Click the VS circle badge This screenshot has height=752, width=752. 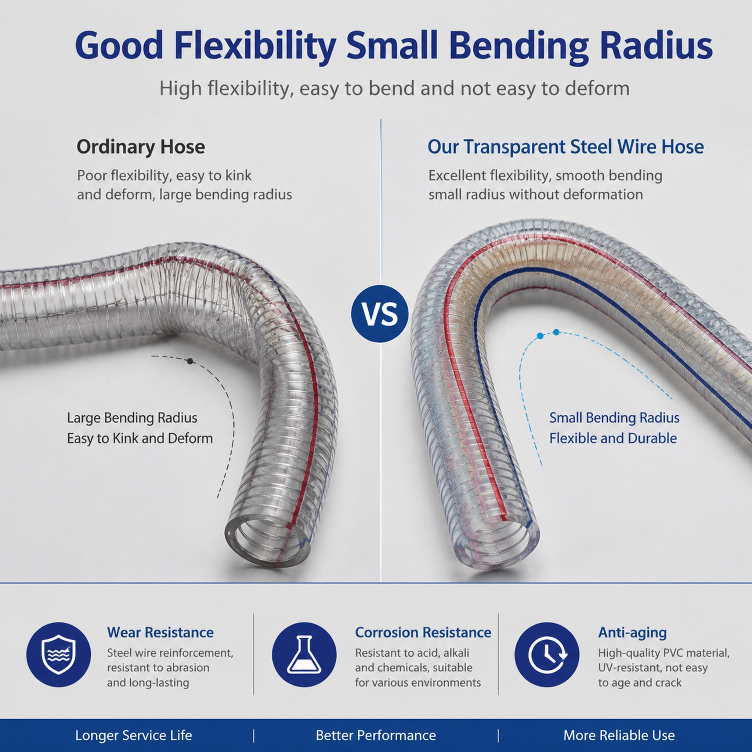pos(380,314)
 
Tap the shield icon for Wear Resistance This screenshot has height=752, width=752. pos(58,654)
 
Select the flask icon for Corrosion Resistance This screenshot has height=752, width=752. pos(304,654)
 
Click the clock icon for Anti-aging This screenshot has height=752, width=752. pos(547,654)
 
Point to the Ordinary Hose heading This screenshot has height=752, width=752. pos(141,147)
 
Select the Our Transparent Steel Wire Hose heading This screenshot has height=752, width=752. pos(565,147)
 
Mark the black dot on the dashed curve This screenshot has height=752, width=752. pos(190,361)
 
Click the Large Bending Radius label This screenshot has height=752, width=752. pos(132,418)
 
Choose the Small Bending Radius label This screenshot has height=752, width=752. pos(614,418)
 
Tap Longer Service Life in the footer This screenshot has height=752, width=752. pos(134,735)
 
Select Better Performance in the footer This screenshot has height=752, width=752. pos(376,735)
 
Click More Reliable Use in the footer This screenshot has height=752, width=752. pos(619,735)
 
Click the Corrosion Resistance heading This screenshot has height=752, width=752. pos(423,632)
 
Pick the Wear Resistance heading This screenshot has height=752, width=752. pos(160,632)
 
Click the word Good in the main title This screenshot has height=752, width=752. pos(119,46)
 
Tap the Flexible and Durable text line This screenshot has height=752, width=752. pos(613,438)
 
